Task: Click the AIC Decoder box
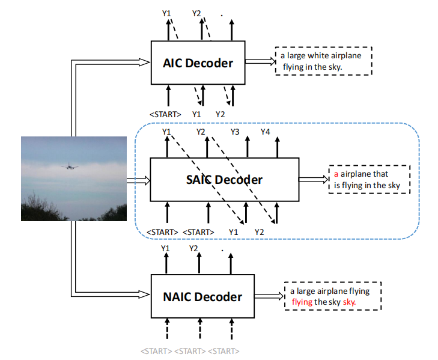point(197,63)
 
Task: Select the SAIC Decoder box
point(224,179)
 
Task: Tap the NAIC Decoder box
point(202,296)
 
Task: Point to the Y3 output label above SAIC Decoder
point(235,132)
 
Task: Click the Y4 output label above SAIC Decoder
point(266,132)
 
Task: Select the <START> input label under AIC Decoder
point(165,114)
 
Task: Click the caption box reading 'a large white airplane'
point(324,61)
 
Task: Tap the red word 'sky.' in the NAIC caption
point(350,302)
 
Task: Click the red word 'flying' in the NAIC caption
point(302,302)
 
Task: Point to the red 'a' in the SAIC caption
point(337,174)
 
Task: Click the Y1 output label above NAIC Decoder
point(166,248)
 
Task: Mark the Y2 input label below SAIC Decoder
point(259,231)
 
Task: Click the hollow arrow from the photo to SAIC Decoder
point(138,179)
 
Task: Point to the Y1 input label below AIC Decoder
point(196,114)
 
